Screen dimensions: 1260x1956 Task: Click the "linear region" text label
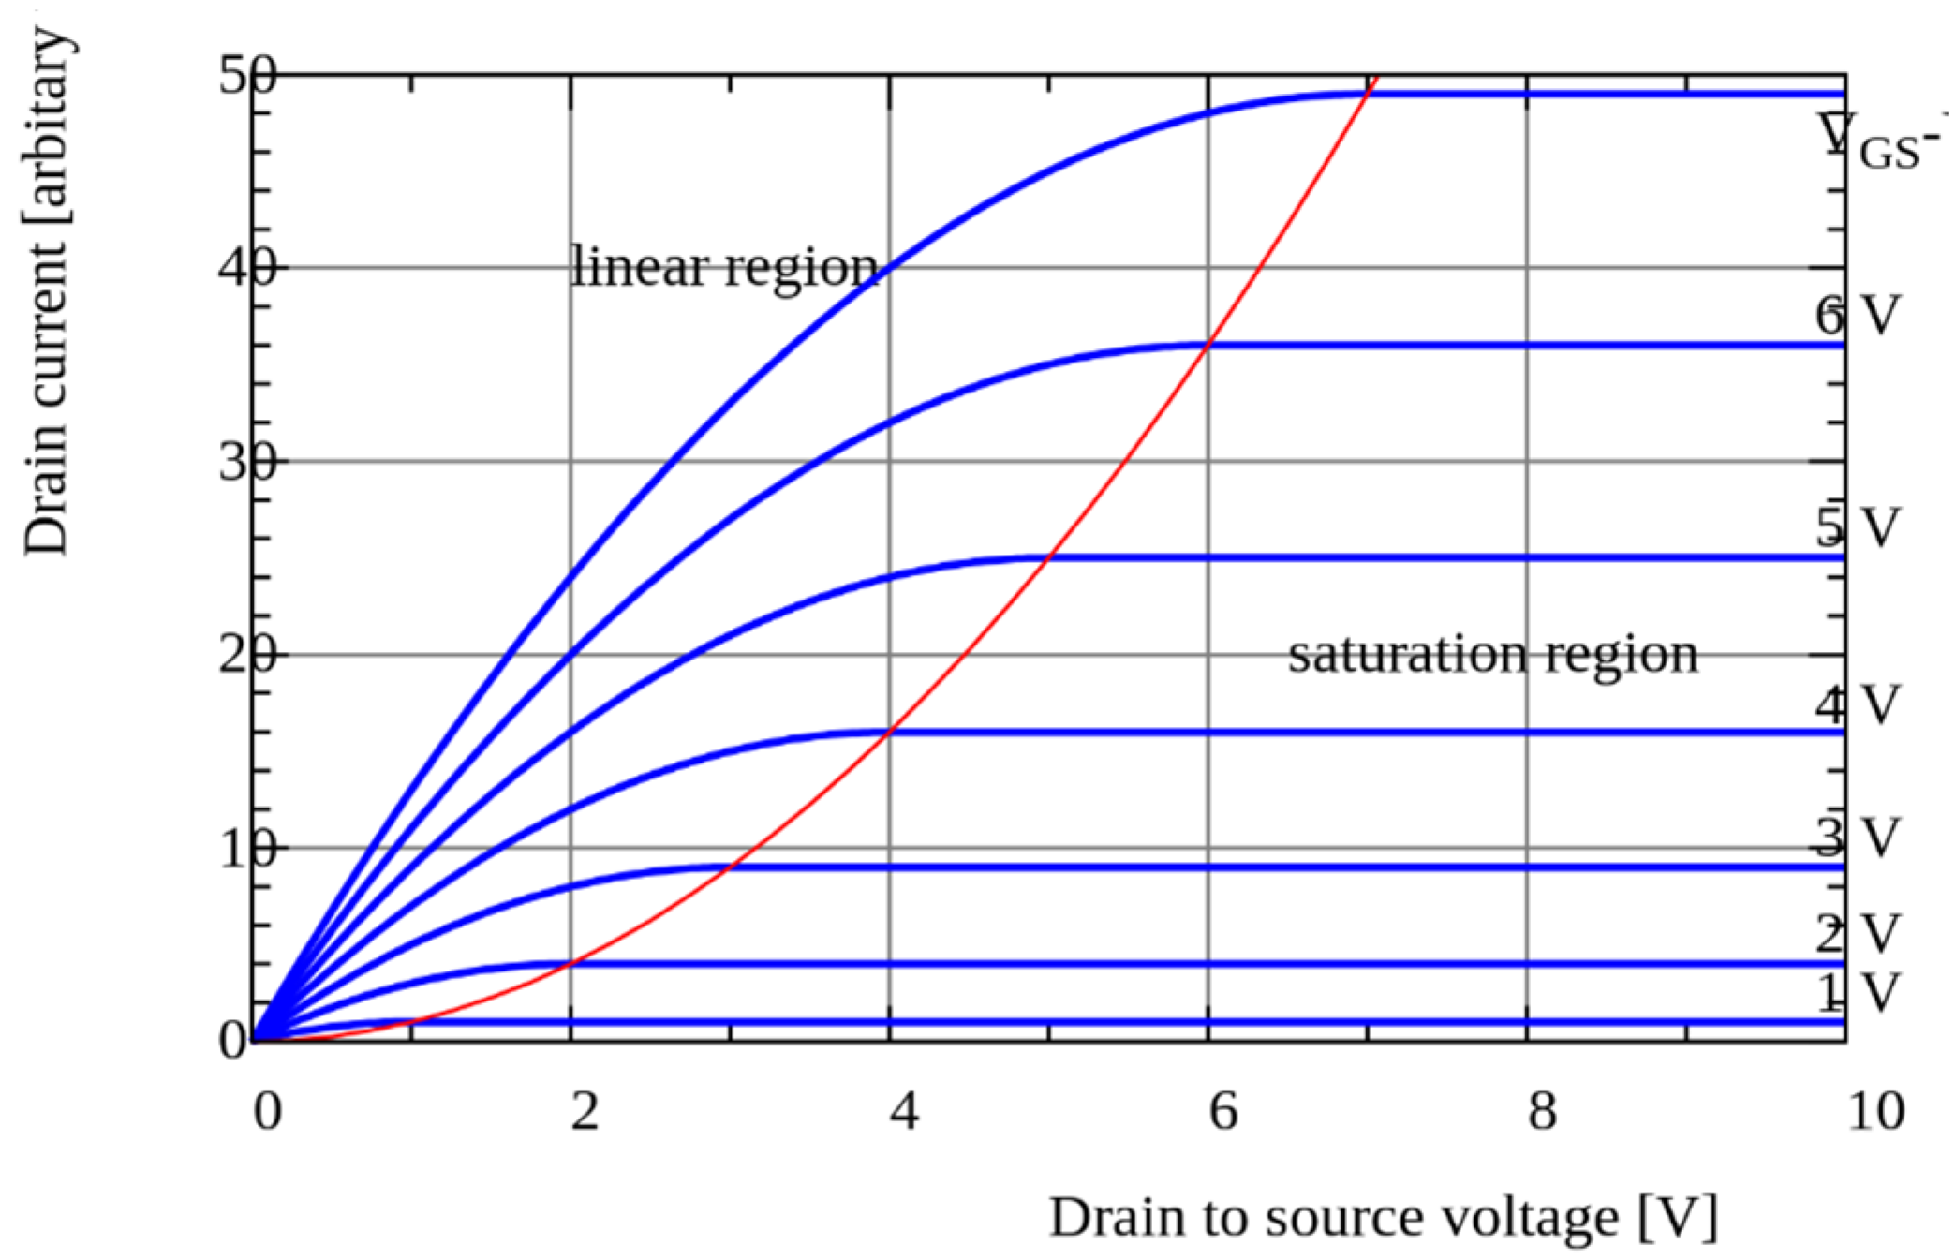click(724, 268)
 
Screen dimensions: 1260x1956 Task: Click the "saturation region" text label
click(1492, 654)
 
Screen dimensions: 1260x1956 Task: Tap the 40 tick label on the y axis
click(247, 269)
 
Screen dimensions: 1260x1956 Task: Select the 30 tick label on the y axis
click(247, 463)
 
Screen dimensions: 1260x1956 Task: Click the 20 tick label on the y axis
click(247, 656)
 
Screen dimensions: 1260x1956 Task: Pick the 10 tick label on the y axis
click(247, 850)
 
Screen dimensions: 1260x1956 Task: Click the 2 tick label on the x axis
click(585, 1112)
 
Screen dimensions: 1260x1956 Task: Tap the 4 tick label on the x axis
click(904, 1112)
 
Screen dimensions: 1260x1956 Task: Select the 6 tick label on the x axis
click(1223, 1112)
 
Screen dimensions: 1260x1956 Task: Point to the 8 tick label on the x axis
click(1542, 1112)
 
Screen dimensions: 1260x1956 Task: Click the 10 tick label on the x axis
click(1875, 1112)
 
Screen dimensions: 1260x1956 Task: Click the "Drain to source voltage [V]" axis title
click(1383, 1218)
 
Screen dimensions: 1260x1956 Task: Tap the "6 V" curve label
click(1858, 316)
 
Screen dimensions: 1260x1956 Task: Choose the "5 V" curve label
click(1858, 527)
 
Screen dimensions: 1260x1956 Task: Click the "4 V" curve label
click(1858, 705)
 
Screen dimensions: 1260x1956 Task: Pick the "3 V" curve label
click(1858, 838)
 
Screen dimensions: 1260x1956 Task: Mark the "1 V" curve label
click(1858, 993)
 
